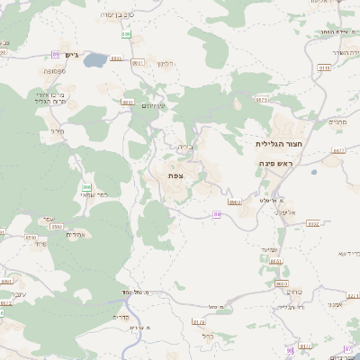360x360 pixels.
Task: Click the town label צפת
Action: point(176,175)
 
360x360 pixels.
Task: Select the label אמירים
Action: point(76,234)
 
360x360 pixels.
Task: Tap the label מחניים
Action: point(337,122)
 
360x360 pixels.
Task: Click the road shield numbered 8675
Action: point(261,100)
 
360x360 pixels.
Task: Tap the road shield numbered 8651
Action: point(276,261)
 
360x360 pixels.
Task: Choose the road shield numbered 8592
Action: point(56,228)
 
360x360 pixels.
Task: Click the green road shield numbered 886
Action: point(86,186)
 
